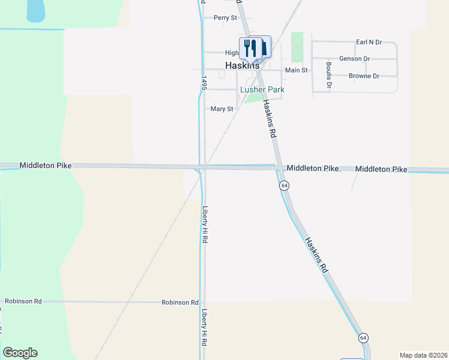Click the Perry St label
coord(225,18)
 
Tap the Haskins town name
coord(243,65)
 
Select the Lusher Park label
coord(262,89)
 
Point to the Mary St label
coord(221,109)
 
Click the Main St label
coord(296,70)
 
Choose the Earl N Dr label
coord(369,42)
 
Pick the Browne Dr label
coord(364,76)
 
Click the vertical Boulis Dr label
coord(329,76)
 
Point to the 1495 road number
coord(204,85)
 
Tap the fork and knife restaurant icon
coord(250,47)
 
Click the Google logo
coord(20,353)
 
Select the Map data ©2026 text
coord(423,355)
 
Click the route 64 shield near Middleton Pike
coord(285,186)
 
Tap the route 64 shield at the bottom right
coord(363,338)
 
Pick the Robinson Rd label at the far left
coord(23,301)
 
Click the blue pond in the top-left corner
coord(36,9)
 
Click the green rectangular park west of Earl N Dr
coord(297,47)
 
